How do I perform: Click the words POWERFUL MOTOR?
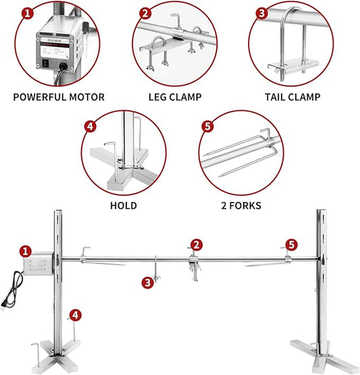coord(59,97)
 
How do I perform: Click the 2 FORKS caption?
coord(239,205)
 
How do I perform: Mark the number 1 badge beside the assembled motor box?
coord(25,251)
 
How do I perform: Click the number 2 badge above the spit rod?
coord(195,244)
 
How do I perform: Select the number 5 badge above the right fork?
coord(290,244)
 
